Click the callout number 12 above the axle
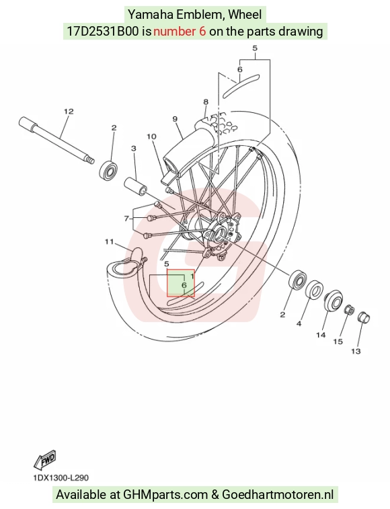[x=69, y=112]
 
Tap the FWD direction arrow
[x=45, y=460]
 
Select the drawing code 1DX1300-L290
[x=61, y=478]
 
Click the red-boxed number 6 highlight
[x=181, y=283]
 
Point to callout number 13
[x=356, y=351]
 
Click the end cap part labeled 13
[x=364, y=317]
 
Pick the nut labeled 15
[x=350, y=310]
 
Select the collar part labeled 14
[x=334, y=301]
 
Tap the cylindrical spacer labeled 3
[x=135, y=186]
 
